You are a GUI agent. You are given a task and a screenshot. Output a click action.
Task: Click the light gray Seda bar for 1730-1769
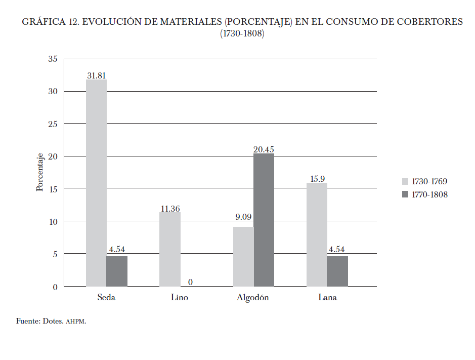click(96, 182)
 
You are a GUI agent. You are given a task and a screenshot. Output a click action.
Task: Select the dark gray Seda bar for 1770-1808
click(117, 271)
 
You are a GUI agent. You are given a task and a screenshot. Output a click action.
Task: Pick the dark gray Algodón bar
click(264, 220)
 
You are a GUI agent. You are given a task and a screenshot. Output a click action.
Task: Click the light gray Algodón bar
click(243, 256)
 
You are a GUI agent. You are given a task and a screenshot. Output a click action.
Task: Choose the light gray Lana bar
click(317, 234)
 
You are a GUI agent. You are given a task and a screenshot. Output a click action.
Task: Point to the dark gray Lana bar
click(337, 271)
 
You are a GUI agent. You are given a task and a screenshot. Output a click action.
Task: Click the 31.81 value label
click(96, 75)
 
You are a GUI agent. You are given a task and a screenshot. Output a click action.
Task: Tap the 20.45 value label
click(264, 149)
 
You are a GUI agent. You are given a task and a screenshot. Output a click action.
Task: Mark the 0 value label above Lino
click(190, 282)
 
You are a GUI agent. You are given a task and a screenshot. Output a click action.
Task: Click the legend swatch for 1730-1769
click(405, 181)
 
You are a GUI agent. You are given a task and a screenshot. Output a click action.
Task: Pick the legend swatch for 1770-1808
click(405, 194)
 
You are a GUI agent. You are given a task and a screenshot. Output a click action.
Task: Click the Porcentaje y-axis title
click(40, 173)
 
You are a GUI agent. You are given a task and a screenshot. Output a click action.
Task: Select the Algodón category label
click(252, 298)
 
